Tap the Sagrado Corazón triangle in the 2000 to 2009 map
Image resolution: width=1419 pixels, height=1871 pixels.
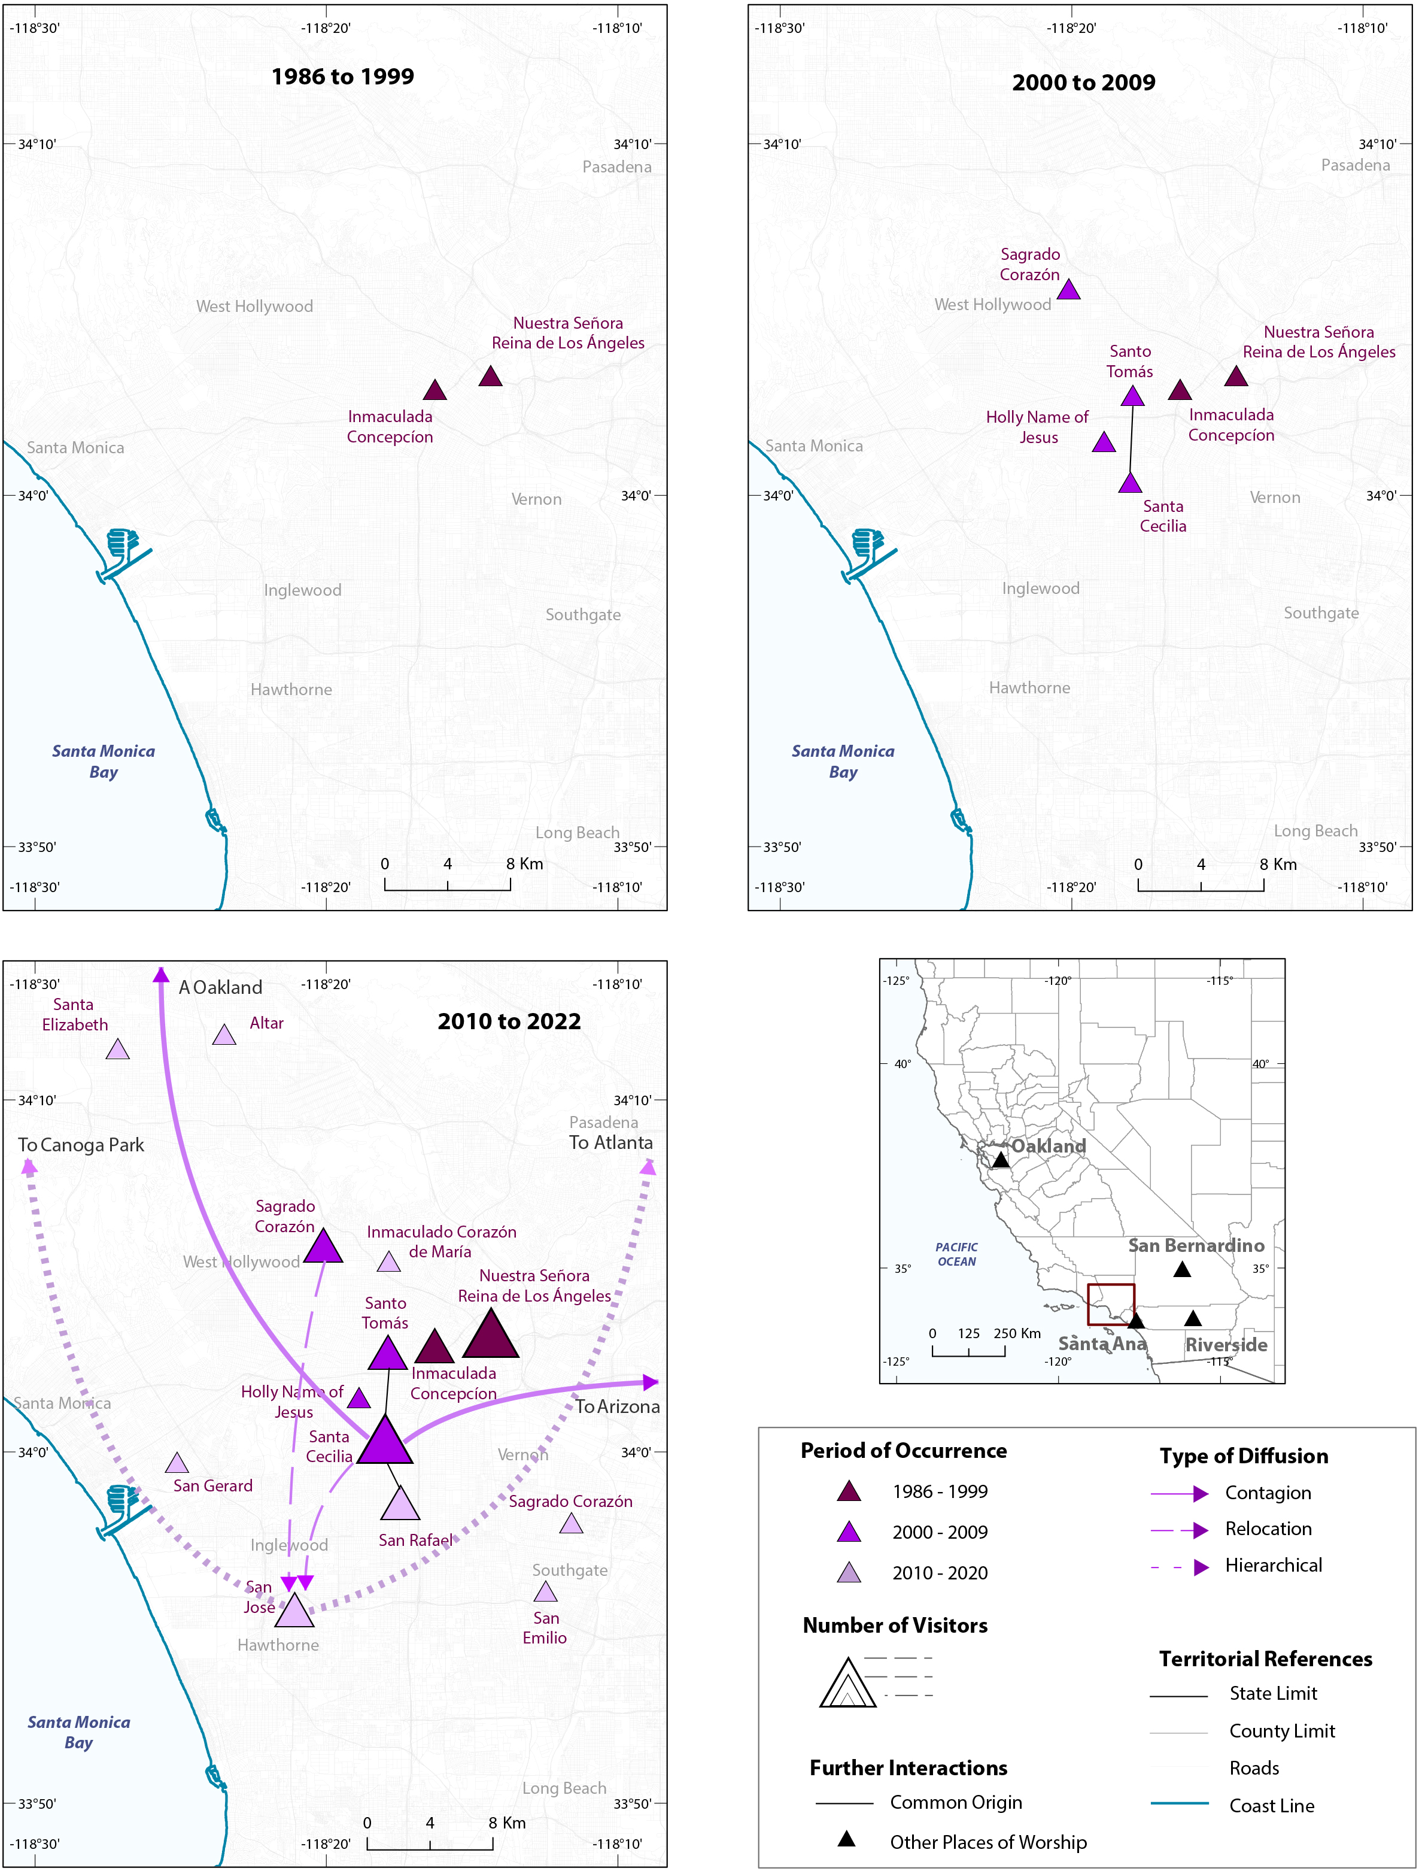(x=1068, y=290)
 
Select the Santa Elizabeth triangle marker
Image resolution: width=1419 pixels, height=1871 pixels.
(x=117, y=1050)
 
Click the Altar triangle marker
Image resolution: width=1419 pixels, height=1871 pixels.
(x=224, y=1035)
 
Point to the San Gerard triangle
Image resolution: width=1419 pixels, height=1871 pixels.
(x=177, y=1463)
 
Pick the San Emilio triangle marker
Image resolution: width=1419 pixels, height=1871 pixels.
(x=545, y=1593)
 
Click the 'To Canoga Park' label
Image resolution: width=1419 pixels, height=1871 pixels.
(x=81, y=1145)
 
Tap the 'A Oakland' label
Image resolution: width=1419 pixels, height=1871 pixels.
(x=221, y=987)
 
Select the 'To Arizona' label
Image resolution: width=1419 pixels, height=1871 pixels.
(x=617, y=1406)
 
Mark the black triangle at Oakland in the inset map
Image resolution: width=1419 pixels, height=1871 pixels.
(x=1001, y=1160)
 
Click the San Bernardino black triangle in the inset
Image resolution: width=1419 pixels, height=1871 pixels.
(x=1182, y=1269)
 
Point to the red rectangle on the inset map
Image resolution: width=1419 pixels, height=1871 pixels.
(x=1110, y=1304)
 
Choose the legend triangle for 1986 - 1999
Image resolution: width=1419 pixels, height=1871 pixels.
(x=849, y=1492)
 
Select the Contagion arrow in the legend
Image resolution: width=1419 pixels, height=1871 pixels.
(x=1180, y=1494)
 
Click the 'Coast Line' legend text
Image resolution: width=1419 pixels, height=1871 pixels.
(x=1272, y=1806)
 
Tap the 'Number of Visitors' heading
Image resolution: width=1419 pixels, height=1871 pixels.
(x=895, y=1626)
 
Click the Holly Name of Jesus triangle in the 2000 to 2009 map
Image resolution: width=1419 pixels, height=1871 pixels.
(x=1104, y=442)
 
